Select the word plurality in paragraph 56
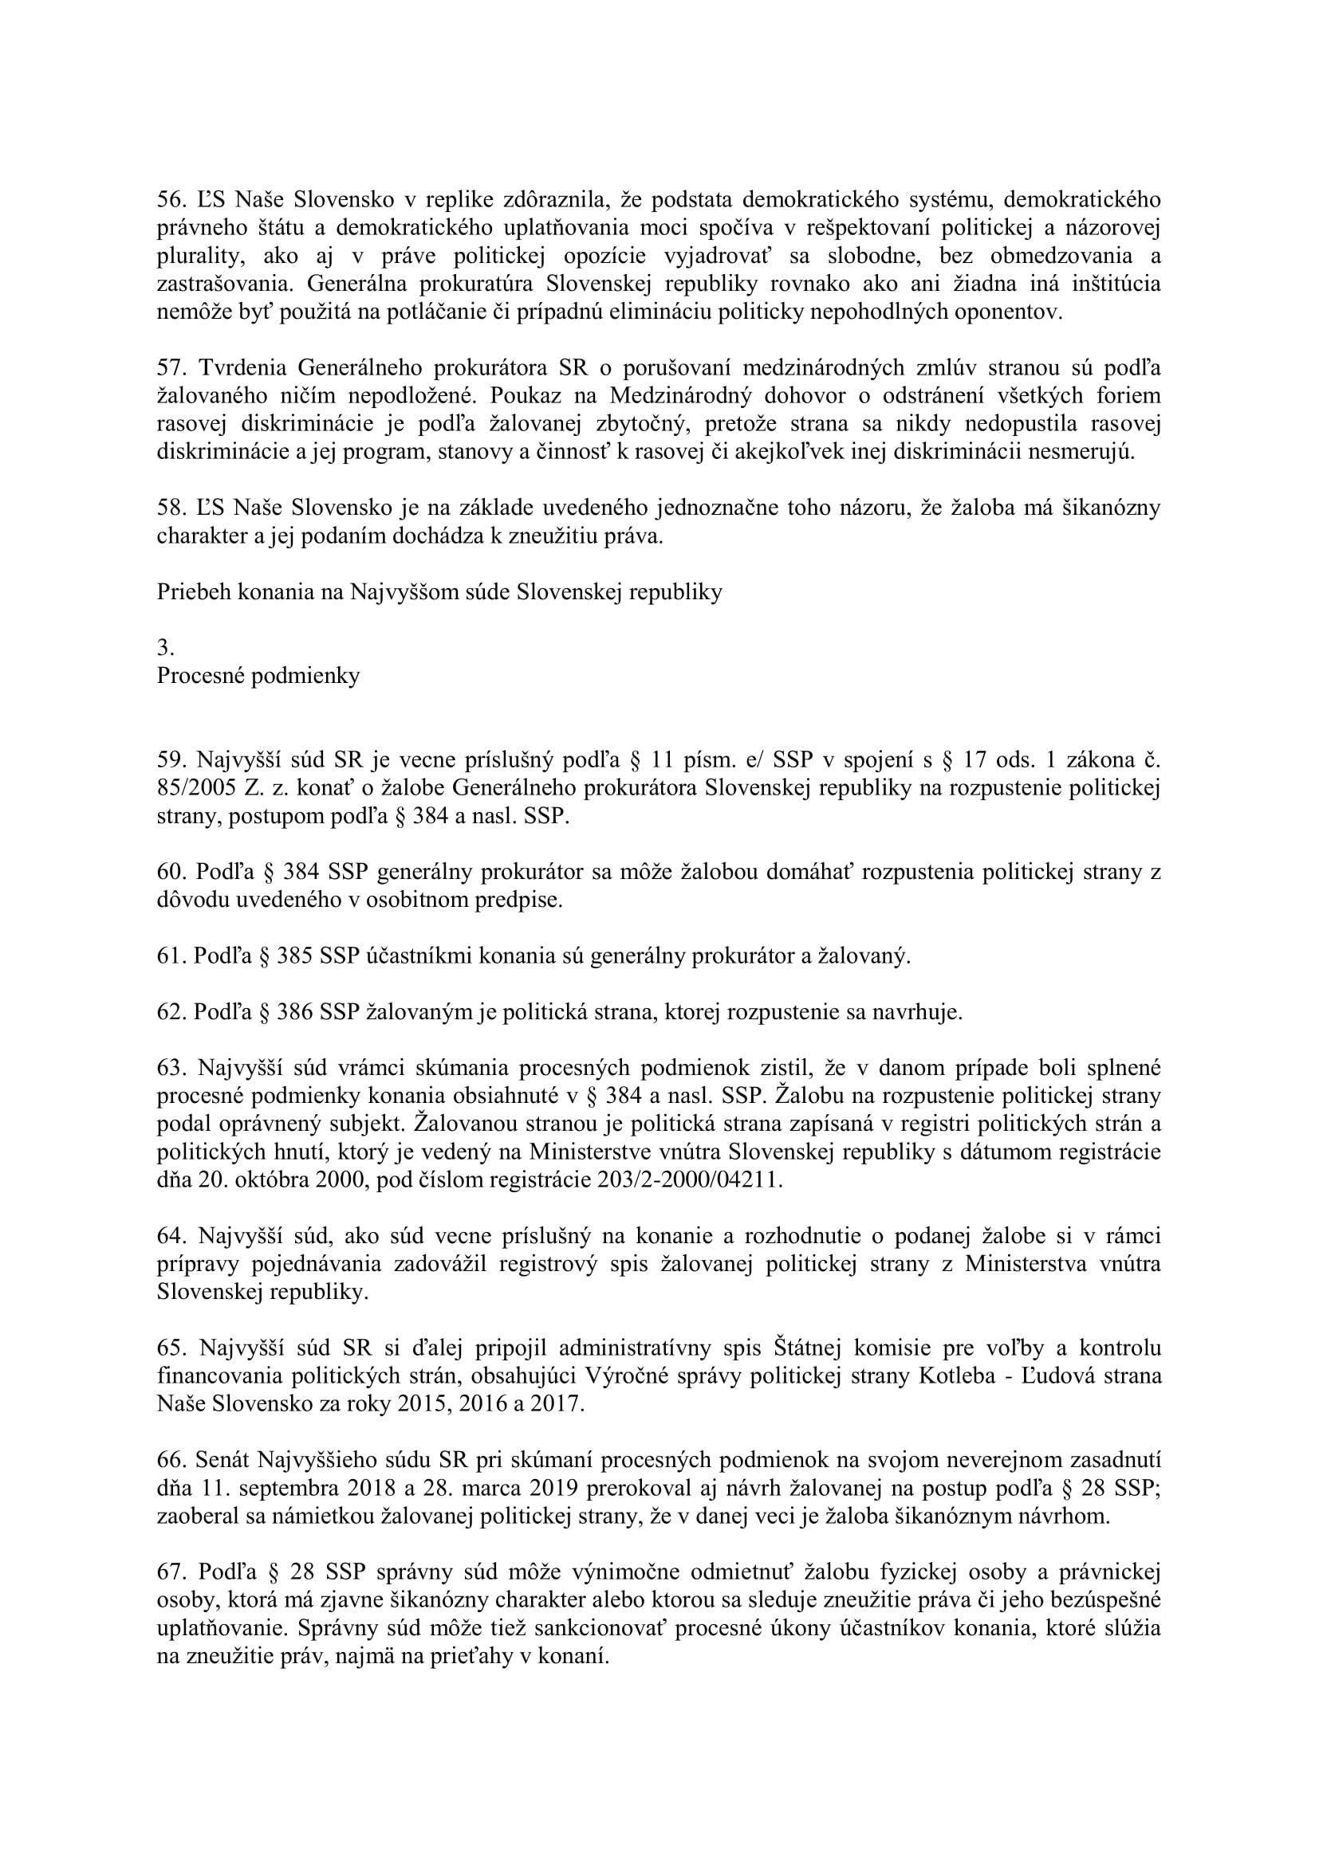click(x=199, y=257)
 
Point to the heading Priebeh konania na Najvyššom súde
click(x=439, y=592)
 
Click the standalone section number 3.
click(x=165, y=648)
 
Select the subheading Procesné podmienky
click(x=258, y=677)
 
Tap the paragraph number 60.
click(x=171, y=872)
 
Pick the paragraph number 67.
click(x=171, y=1572)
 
